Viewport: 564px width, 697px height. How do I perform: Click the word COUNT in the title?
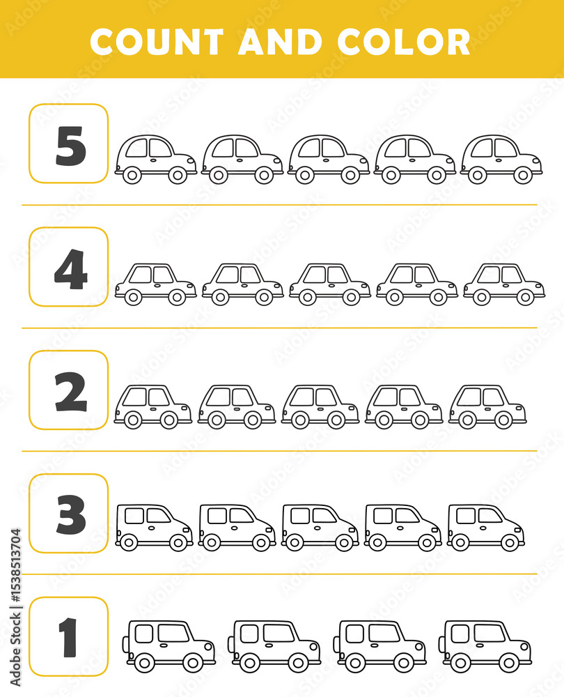tap(157, 42)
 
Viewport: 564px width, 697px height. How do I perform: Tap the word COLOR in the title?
tap(403, 42)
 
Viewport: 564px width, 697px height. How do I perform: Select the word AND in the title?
tap(280, 42)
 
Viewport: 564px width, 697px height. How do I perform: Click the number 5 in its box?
tap(70, 146)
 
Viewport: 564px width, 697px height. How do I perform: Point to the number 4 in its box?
tap(70, 269)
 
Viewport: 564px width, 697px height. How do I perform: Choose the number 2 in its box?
tap(70, 392)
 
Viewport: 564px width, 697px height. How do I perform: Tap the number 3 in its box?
tap(70, 515)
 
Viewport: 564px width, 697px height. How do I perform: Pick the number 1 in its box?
tap(68, 638)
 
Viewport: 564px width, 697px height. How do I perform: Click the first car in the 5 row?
tap(155, 159)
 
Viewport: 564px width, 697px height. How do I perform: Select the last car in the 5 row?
tap(501, 159)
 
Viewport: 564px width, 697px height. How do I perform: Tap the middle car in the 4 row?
tap(329, 284)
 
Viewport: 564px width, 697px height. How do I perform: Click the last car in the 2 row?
tap(487, 407)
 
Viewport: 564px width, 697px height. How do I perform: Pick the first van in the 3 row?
tap(154, 528)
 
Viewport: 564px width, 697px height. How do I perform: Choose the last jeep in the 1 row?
tap(485, 647)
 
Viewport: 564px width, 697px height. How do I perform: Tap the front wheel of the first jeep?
tap(193, 663)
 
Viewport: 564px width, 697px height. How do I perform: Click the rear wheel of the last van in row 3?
tap(460, 542)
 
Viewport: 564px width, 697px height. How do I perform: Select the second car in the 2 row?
tap(236, 407)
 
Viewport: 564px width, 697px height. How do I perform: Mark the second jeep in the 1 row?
tap(274, 647)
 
